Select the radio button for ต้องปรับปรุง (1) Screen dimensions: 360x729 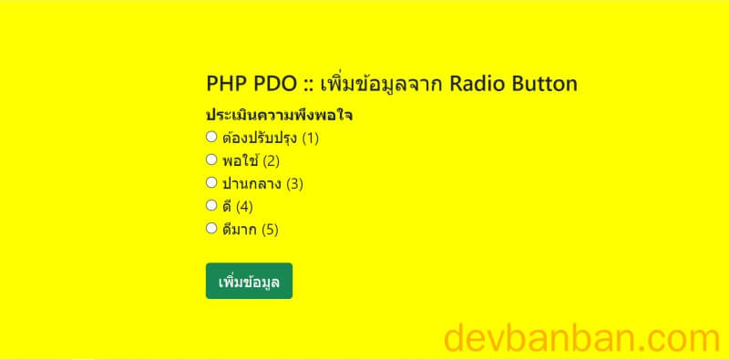(x=211, y=138)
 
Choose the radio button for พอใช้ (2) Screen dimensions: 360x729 (x=211, y=160)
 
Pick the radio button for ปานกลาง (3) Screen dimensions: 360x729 (x=211, y=183)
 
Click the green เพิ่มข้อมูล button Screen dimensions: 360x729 (x=249, y=281)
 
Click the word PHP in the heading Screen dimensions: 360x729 (x=225, y=84)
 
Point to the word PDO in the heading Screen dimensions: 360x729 (x=272, y=84)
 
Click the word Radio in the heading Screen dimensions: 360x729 (x=474, y=84)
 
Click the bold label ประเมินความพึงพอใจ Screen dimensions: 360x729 (x=279, y=116)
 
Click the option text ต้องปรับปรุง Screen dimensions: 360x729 (x=259, y=139)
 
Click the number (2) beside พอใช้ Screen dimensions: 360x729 (x=271, y=161)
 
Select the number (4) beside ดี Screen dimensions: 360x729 (x=243, y=207)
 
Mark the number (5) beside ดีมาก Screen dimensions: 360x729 (x=269, y=230)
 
